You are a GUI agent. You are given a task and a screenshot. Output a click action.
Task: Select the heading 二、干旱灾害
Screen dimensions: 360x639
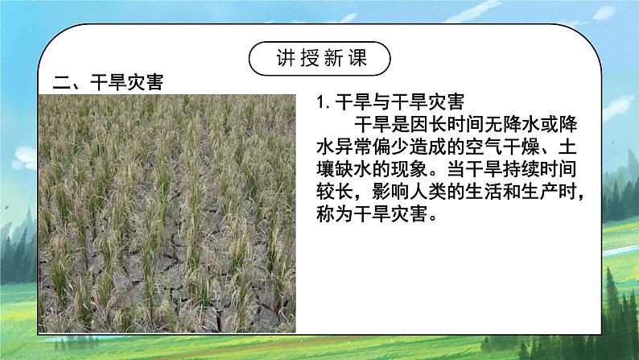[103, 83]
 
